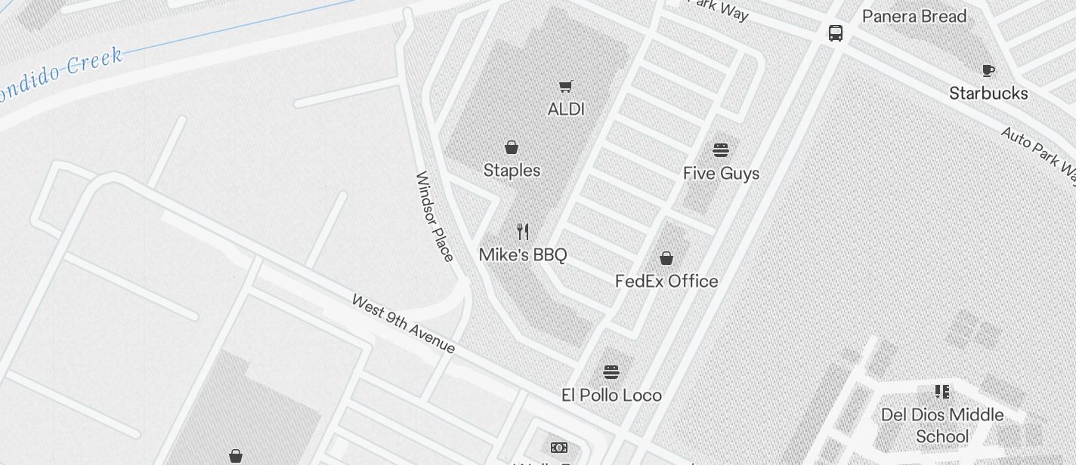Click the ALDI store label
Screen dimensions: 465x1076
[566, 109]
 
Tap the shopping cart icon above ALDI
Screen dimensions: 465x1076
[566, 86]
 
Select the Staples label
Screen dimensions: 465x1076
[512, 171]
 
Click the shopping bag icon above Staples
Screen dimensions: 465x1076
[512, 146]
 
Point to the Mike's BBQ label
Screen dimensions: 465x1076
[523, 255]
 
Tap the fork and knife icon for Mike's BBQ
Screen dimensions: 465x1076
[523, 231]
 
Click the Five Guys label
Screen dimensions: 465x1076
[721, 174]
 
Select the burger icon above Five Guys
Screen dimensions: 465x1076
[721, 149]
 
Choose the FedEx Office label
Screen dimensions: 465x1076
[666, 282]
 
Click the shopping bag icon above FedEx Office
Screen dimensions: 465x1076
[666, 258]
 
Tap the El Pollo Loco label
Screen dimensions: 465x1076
[611, 396]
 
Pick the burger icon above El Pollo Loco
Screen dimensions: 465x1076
[611, 371]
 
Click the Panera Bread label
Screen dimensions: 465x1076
[914, 17]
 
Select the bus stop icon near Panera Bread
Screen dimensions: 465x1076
[836, 33]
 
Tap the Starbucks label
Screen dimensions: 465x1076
[988, 94]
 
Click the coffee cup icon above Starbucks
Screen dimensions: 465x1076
[988, 70]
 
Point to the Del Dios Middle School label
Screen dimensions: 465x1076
[942, 426]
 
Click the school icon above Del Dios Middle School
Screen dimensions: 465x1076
[942, 391]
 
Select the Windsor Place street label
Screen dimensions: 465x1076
[434, 217]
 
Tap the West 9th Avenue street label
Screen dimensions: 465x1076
[403, 324]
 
